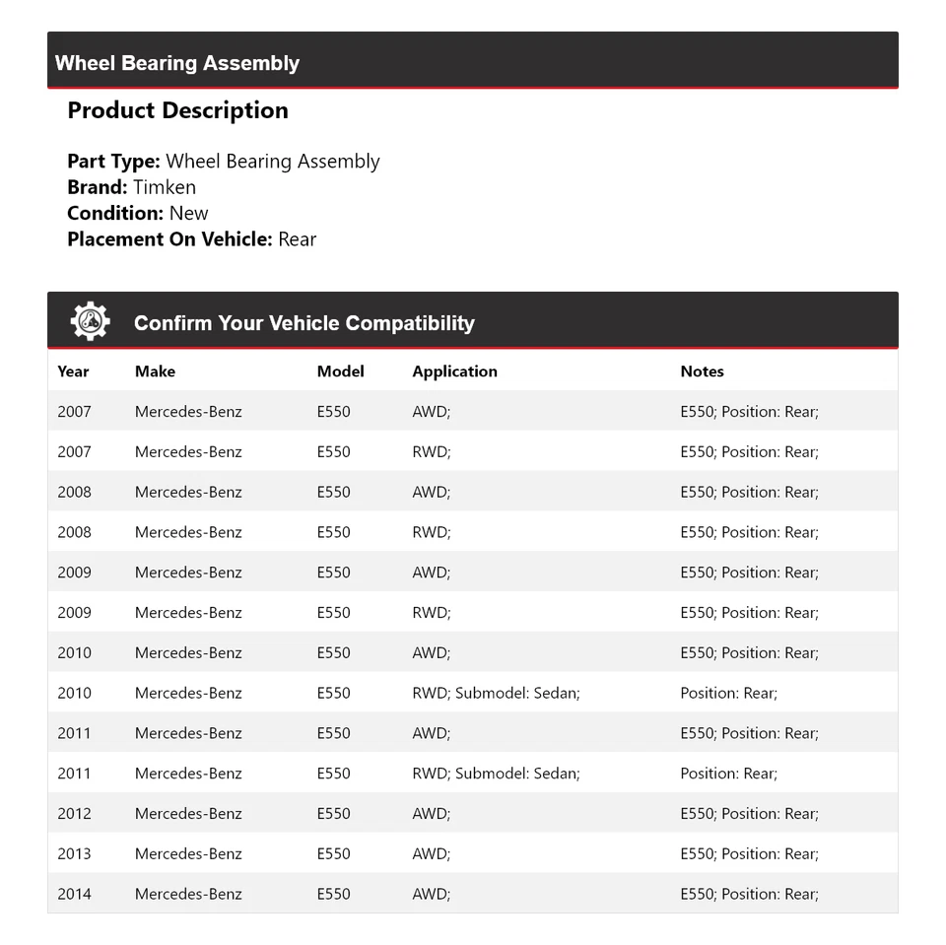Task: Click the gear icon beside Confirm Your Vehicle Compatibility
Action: point(90,321)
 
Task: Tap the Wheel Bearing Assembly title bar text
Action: point(177,63)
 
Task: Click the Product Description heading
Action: point(177,110)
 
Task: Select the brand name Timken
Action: point(165,187)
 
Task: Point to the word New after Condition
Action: point(188,213)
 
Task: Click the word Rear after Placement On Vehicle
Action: point(297,238)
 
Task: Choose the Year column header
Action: point(73,371)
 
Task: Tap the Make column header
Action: point(155,371)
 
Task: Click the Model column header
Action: point(340,371)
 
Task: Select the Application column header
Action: point(454,371)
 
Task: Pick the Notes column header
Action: point(702,371)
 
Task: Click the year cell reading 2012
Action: point(74,814)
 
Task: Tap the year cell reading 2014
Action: point(74,894)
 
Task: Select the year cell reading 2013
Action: point(74,853)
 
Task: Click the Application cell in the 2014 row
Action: point(431,894)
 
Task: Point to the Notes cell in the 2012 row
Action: point(749,814)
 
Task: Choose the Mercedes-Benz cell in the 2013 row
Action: point(188,853)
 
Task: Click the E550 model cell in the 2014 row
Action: point(333,894)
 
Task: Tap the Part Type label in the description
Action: point(113,162)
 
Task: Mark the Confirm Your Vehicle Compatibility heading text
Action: point(304,323)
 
